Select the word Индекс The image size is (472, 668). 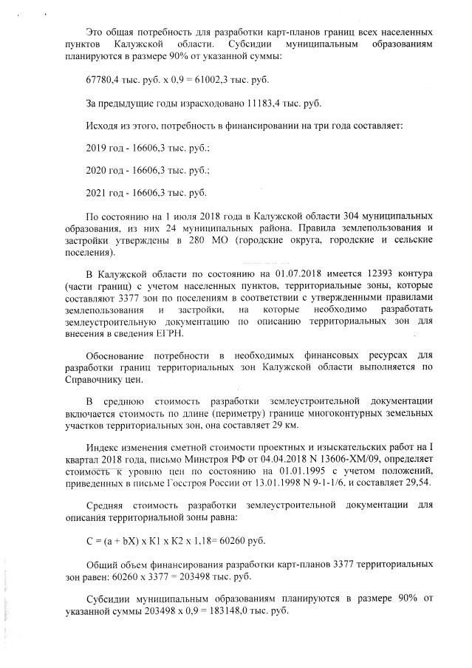[103, 448]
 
